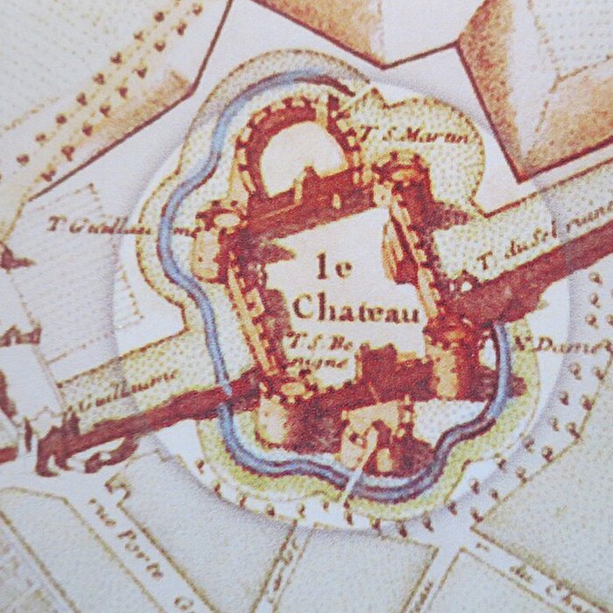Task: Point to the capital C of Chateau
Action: click(x=302, y=307)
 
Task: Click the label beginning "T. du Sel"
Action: click(x=543, y=232)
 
